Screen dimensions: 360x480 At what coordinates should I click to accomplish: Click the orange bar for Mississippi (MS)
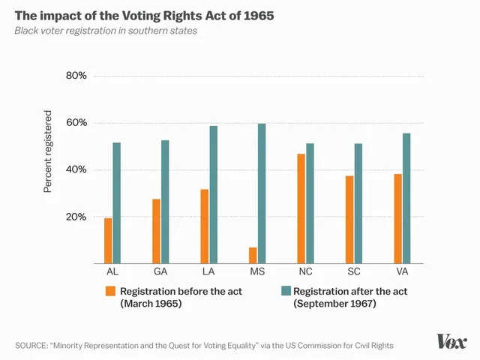coord(253,255)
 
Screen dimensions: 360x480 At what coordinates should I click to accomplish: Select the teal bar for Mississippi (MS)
coord(262,193)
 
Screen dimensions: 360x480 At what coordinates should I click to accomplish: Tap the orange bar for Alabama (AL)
coord(108,241)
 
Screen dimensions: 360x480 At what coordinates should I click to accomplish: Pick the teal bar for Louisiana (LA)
coord(214,195)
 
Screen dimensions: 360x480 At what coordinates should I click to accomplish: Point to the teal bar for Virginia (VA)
coord(406,198)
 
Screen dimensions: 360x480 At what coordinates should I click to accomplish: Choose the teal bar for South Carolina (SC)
coord(358,203)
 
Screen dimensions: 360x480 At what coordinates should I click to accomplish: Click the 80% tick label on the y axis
coord(77,76)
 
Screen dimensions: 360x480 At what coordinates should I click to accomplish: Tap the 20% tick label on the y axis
coord(77,217)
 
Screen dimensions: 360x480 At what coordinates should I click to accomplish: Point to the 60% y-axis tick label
coord(77,123)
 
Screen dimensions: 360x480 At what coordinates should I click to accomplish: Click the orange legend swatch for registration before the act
coord(110,291)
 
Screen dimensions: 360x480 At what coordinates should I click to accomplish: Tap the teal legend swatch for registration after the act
coord(285,291)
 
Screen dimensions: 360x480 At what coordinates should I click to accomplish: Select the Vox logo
coord(452,341)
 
